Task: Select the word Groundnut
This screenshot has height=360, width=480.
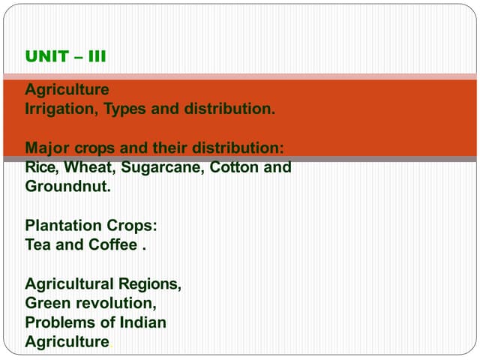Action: point(67,187)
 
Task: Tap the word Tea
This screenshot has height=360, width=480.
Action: point(38,245)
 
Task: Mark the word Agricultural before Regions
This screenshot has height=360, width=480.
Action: point(70,284)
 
